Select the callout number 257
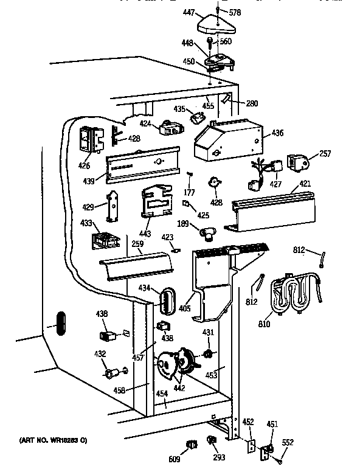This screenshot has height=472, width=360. pos(325,154)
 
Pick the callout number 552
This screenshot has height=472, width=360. pos(288,443)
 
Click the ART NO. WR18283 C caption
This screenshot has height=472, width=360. pos(52,439)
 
